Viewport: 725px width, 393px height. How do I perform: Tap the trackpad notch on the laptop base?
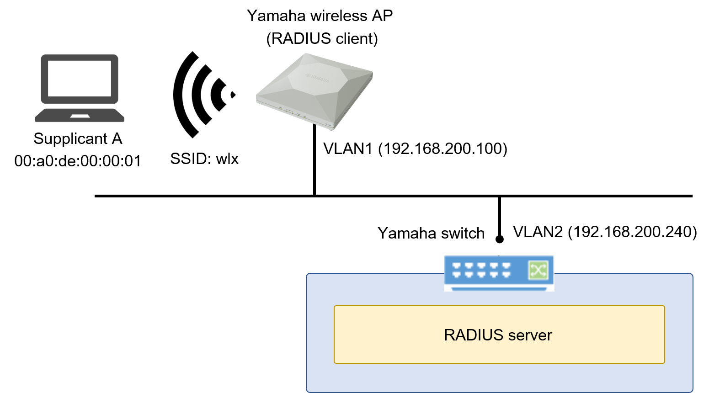tap(80, 116)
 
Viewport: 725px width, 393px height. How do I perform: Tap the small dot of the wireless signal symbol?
tap(233, 95)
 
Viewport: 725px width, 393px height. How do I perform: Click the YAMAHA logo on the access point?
tap(317, 78)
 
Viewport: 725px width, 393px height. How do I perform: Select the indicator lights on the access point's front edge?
tap(291, 111)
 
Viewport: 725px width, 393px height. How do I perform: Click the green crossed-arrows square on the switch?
tap(538, 270)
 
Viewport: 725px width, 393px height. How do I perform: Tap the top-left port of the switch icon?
tap(456, 266)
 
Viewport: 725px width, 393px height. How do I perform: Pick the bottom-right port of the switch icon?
tap(506, 275)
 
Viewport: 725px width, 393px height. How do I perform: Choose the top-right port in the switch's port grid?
tap(506, 266)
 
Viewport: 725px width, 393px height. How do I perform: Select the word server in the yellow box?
tap(530, 335)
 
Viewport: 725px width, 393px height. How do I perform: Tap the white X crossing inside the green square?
tap(538, 270)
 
